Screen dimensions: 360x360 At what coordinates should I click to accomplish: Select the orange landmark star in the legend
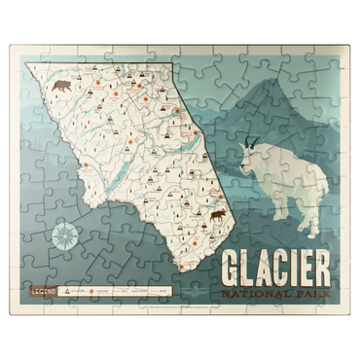(x=126, y=289)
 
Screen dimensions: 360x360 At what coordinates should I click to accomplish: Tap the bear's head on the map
(x=54, y=88)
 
